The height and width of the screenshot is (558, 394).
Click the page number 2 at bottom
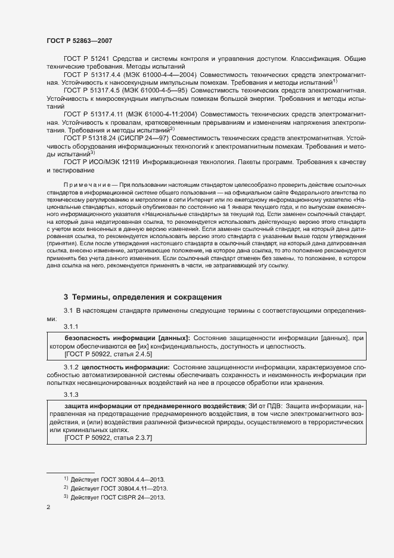pos(48,508)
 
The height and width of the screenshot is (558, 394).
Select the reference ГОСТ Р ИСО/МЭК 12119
pos(101,162)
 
